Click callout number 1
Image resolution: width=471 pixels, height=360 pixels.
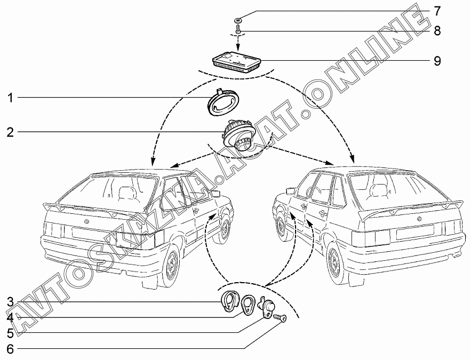[10, 98]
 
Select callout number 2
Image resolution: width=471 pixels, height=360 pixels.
[10, 132]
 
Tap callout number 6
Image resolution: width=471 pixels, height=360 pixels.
[10, 349]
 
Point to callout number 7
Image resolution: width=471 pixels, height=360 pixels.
[437, 11]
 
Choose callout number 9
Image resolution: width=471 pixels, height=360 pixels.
[437, 61]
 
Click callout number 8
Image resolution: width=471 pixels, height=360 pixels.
[437, 30]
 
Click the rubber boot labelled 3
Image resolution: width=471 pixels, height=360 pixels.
[229, 301]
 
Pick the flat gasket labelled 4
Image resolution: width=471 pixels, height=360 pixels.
[249, 305]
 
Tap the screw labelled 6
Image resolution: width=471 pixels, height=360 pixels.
[280, 318]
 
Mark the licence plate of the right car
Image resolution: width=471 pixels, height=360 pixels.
[415, 231]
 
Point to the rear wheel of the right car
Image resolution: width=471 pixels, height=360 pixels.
[337, 263]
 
